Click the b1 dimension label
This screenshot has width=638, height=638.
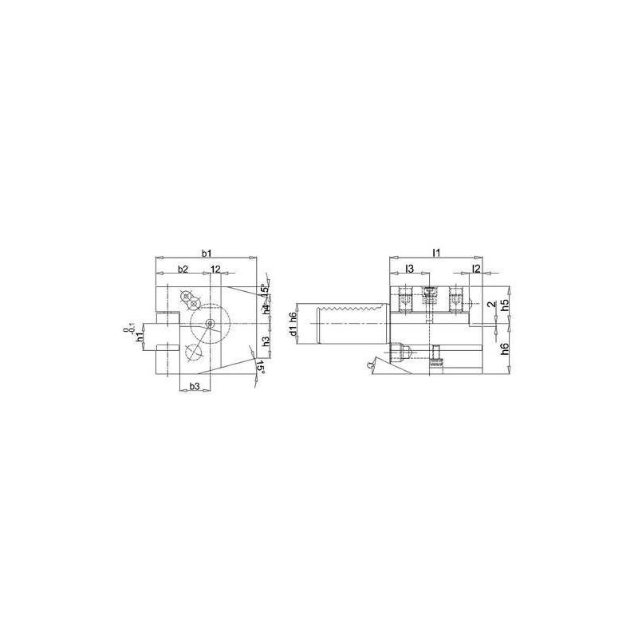(206, 253)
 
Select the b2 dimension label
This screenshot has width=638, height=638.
(183, 270)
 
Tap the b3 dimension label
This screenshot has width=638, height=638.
(192, 387)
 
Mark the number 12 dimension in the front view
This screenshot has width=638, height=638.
(216, 270)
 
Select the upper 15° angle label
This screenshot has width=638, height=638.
(264, 293)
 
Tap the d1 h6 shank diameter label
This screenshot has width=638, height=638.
(293, 326)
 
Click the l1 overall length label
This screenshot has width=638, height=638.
(436, 253)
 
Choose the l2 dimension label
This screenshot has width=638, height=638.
(475, 270)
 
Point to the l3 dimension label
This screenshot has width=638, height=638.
(408, 270)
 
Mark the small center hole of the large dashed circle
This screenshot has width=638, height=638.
(209, 323)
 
